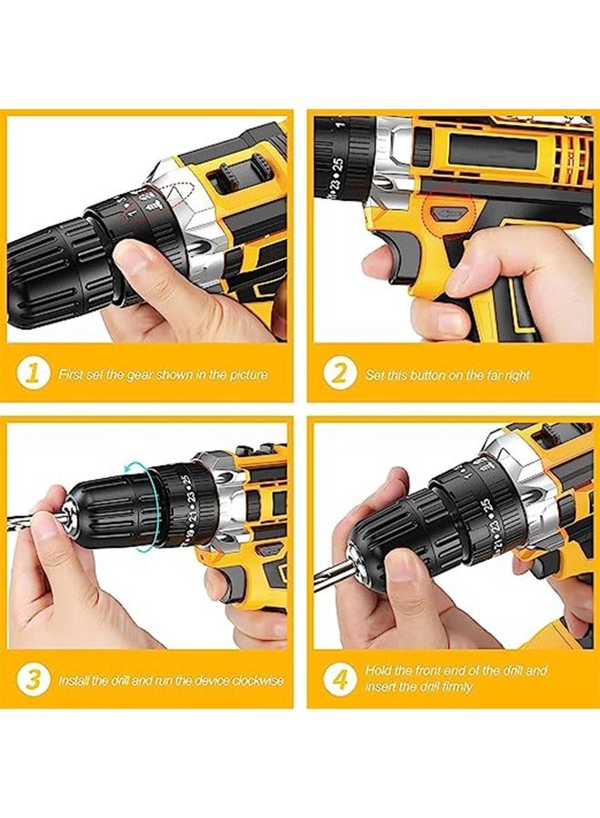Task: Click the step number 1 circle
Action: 33,374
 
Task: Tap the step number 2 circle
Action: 340,374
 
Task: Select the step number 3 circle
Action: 33,679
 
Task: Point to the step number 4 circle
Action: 340,679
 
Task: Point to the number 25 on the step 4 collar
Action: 487,506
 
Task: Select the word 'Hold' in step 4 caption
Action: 378,671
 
